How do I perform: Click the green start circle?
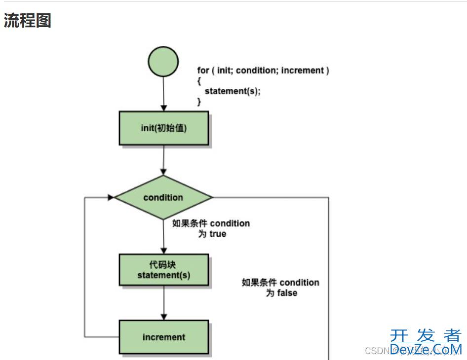tap(163, 61)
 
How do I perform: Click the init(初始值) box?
tap(163, 128)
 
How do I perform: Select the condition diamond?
tap(163, 197)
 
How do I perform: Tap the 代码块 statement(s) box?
tap(163, 270)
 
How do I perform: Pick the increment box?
tap(163, 337)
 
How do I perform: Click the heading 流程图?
tap(28, 21)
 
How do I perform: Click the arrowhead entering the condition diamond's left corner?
tap(111, 197)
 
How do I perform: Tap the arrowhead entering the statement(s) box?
tap(163, 251)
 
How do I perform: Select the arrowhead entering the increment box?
tap(163, 317)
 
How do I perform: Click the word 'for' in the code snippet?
tap(203, 71)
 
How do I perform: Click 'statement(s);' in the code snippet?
tap(232, 91)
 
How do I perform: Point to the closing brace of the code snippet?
tap(199, 102)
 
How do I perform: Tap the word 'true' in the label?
tap(218, 234)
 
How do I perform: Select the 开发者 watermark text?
tap(425, 336)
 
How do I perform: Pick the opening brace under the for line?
tap(199, 81)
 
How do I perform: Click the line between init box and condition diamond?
tap(163, 160)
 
